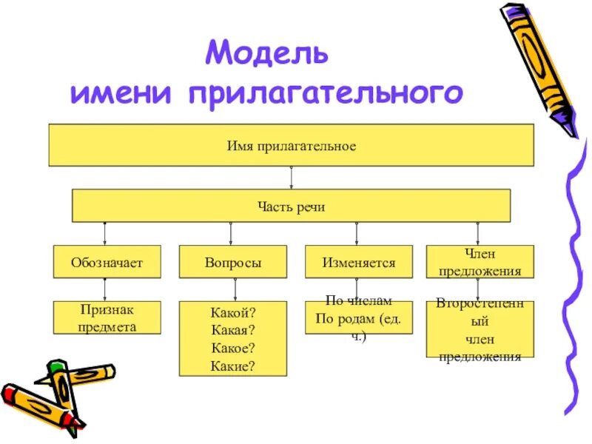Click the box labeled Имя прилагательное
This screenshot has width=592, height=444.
(291, 146)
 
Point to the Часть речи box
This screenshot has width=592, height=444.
(291, 206)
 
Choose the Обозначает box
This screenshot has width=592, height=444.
(107, 262)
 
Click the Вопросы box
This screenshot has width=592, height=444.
(233, 262)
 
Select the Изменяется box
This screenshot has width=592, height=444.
(359, 262)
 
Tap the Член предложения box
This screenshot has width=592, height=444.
(480, 262)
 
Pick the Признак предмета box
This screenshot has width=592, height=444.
(107, 317)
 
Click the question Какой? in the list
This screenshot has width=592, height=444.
(233, 314)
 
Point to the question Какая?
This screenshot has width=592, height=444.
(233, 331)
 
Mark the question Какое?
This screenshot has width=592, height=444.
(233, 348)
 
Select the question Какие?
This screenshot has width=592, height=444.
(233, 364)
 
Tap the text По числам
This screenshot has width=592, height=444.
(358, 302)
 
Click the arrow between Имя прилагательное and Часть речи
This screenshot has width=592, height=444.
(291, 178)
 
